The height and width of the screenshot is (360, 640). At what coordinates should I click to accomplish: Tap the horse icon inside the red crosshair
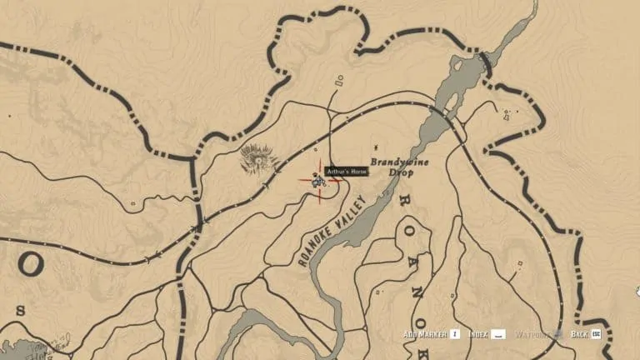pos(317,180)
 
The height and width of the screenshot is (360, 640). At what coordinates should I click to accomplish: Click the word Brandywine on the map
pos(399,162)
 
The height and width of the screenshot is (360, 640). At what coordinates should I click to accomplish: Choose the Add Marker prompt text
pos(424,334)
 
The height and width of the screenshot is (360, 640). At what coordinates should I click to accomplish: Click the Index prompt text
pos(477,334)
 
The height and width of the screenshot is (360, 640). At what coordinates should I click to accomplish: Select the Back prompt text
pos(579,334)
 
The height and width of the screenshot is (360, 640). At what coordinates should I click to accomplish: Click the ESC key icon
pos(597,334)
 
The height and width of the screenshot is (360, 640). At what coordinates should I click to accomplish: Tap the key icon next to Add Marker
pos(455,334)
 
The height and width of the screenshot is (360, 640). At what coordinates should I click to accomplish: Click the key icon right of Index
pos(498,334)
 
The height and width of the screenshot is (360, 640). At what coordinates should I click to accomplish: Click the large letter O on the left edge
pos(30,265)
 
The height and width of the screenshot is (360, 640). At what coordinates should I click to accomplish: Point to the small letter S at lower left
pos(20,310)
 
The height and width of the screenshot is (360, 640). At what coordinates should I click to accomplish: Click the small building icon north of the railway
pos(338,81)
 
